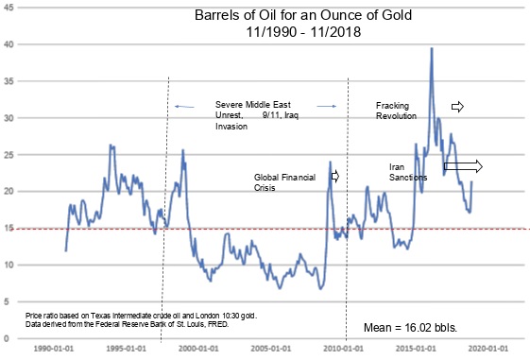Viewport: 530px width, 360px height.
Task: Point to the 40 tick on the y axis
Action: (x=9, y=44)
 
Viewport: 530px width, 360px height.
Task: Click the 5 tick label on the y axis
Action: (x=11, y=301)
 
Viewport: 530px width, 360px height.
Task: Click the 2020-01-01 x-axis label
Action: (x=492, y=347)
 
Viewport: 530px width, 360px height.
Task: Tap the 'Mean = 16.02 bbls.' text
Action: (x=410, y=328)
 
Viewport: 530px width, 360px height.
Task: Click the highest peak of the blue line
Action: (x=432, y=48)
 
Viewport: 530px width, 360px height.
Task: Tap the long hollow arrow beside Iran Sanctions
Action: (x=463, y=167)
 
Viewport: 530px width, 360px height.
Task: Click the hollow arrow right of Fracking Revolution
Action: (x=458, y=106)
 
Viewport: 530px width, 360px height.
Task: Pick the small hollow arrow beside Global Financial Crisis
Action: (x=333, y=176)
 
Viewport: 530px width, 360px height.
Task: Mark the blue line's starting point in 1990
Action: (x=65, y=249)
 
